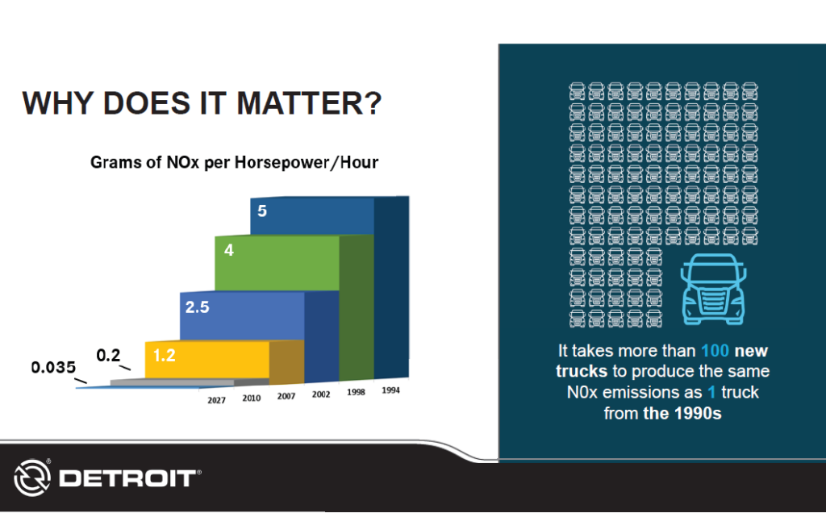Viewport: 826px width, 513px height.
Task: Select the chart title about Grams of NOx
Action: click(234, 162)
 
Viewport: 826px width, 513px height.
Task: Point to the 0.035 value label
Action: click(52, 368)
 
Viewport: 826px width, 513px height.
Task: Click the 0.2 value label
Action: click(109, 355)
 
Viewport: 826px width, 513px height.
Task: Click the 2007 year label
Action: click(286, 397)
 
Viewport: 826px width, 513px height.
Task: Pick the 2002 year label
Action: click(321, 395)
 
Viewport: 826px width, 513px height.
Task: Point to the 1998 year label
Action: click(355, 393)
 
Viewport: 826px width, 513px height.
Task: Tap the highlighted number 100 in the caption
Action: click(715, 352)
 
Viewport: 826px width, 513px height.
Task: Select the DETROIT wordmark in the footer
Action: click(127, 478)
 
